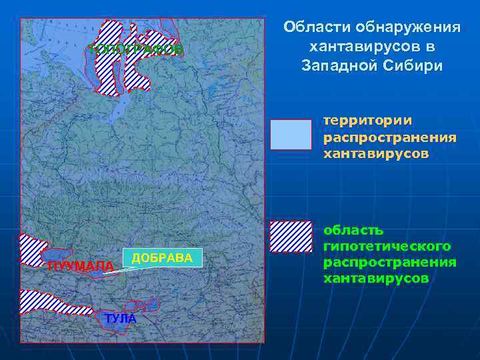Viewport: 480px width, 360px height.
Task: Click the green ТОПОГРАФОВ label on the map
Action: click(x=135, y=50)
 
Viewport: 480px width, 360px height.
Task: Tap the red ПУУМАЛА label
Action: click(x=81, y=267)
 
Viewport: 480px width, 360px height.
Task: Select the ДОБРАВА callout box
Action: click(x=162, y=258)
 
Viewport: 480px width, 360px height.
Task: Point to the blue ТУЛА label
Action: click(x=120, y=319)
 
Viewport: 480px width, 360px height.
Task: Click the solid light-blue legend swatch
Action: click(x=291, y=135)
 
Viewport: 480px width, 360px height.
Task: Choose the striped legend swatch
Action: click(x=291, y=237)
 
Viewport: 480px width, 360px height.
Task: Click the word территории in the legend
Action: click(x=367, y=121)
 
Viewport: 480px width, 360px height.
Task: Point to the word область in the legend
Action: click(x=353, y=230)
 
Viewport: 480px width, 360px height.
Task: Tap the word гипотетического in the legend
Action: click(x=387, y=246)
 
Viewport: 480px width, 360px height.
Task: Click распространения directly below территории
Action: click(x=389, y=137)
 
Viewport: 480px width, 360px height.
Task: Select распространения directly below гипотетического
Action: click(x=389, y=262)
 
